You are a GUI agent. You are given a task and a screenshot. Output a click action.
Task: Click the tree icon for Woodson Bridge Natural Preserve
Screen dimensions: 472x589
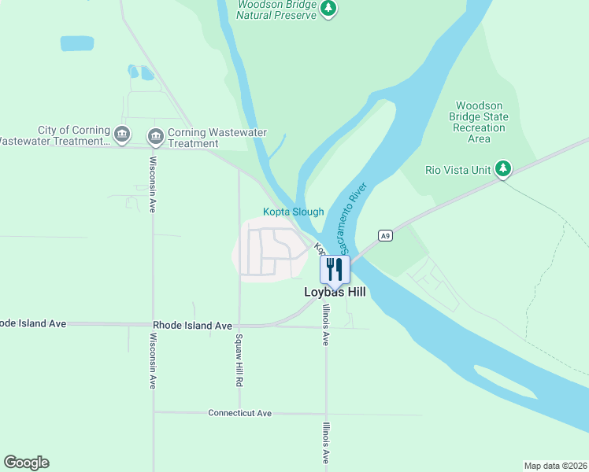[x=329, y=8]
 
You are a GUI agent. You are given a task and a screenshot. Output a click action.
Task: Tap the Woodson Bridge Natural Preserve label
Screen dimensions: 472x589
[x=276, y=9]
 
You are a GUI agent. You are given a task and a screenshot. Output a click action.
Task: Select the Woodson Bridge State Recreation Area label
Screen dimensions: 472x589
[x=479, y=122]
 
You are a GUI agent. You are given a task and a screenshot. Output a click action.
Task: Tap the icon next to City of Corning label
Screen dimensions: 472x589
[x=122, y=135]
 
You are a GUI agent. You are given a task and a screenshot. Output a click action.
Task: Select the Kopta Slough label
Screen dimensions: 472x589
[x=293, y=212]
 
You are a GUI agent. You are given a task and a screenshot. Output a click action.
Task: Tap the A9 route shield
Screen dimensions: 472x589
[x=384, y=235]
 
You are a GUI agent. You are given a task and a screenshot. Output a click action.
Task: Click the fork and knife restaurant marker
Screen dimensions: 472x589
[x=335, y=270]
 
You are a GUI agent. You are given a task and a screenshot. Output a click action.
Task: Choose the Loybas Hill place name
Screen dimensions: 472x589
[x=335, y=292]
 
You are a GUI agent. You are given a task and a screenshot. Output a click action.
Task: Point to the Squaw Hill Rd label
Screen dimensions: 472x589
[x=237, y=360]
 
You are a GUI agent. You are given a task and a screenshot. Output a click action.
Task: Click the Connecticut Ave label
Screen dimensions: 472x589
[x=239, y=413]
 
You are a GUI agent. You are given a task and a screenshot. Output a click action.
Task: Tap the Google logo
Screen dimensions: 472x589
[x=26, y=463]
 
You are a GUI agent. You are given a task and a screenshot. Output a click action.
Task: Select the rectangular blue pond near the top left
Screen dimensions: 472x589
[x=77, y=43]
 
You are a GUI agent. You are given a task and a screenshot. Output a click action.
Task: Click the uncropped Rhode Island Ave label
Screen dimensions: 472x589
[x=192, y=325]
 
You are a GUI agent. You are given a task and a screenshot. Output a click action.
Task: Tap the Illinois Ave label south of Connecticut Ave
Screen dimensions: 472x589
[x=324, y=444]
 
